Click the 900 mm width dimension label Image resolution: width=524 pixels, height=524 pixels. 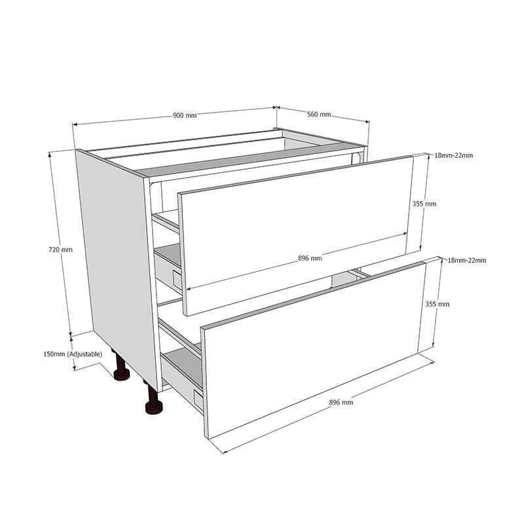click(x=184, y=115)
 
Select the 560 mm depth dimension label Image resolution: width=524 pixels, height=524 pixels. click(x=319, y=115)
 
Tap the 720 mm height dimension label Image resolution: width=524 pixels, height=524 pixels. click(x=60, y=250)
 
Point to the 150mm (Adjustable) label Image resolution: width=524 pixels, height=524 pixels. click(x=73, y=354)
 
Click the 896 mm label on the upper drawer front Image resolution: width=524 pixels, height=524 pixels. click(x=310, y=258)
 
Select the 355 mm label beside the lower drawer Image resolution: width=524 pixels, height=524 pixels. click(x=438, y=305)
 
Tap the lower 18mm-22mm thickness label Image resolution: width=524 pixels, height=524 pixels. click(x=466, y=261)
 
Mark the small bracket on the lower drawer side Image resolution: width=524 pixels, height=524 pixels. click(x=197, y=396)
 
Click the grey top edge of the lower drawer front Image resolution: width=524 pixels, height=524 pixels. click(x=314, y=293)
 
